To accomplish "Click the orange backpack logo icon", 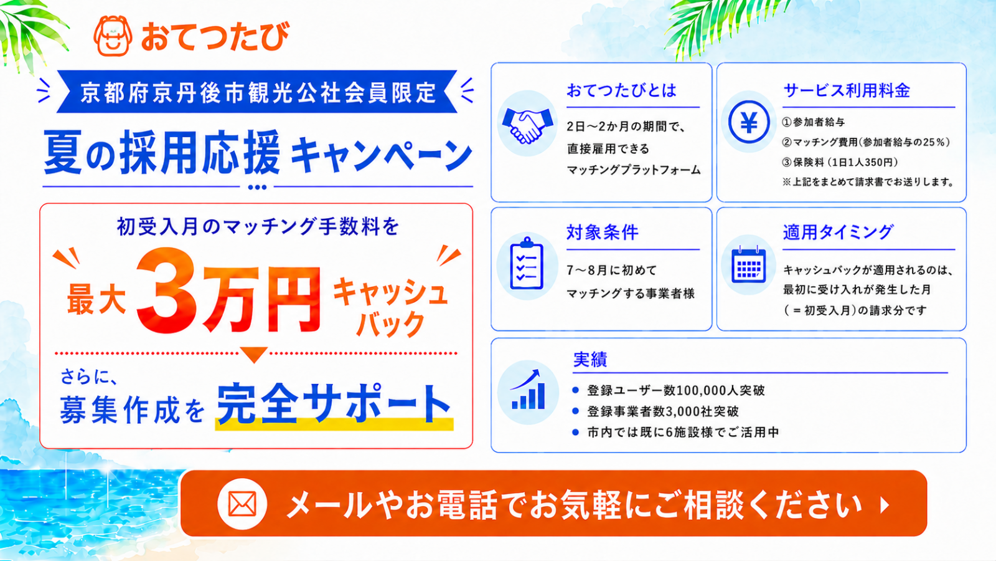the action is pos(113,36).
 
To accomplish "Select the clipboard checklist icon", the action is pos(527,264).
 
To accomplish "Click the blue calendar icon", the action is pos(749,264).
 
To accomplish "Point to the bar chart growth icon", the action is pos(528,390).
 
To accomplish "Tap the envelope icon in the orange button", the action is pos(242,504).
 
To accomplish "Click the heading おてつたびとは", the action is pos(622,91).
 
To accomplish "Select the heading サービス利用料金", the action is pos(847,91).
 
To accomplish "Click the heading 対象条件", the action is pos(603,233).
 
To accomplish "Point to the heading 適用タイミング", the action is pos(838,233).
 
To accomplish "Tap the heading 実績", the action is pos(590,359).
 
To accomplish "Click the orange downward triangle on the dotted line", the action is pos(255,355).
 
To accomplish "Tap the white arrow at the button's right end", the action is pos(885,505).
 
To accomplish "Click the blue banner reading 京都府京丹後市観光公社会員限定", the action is pos(257,92).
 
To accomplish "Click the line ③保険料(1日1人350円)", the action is pos(840,162).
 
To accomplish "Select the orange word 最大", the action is pos(96,300).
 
